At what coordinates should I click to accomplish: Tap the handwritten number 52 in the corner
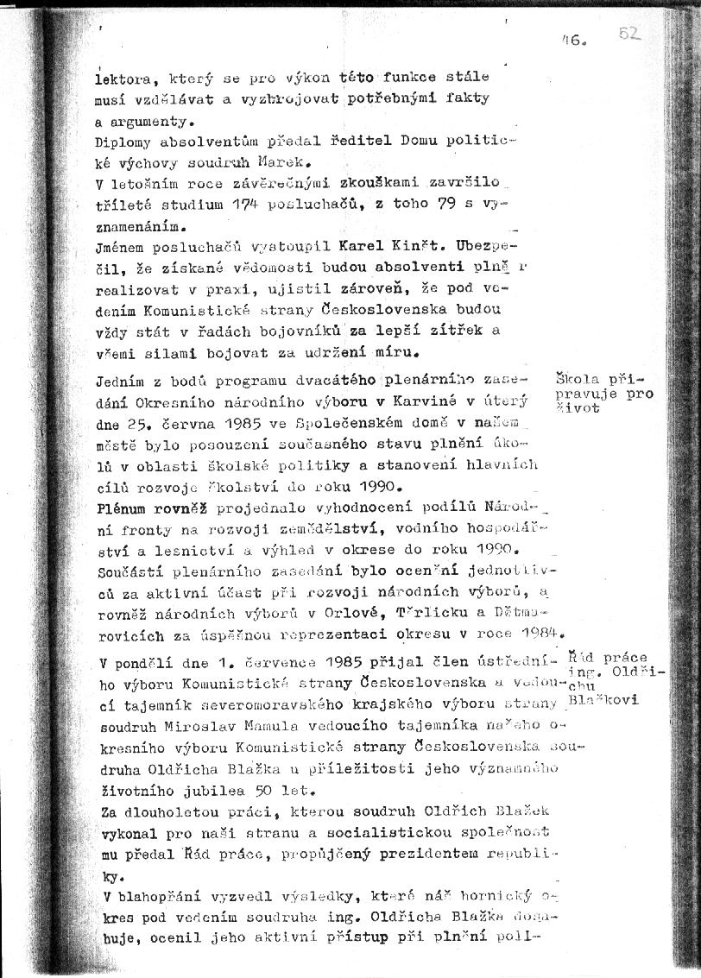tap(631, 34)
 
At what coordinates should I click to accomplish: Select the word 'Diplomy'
tap(121, 142)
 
